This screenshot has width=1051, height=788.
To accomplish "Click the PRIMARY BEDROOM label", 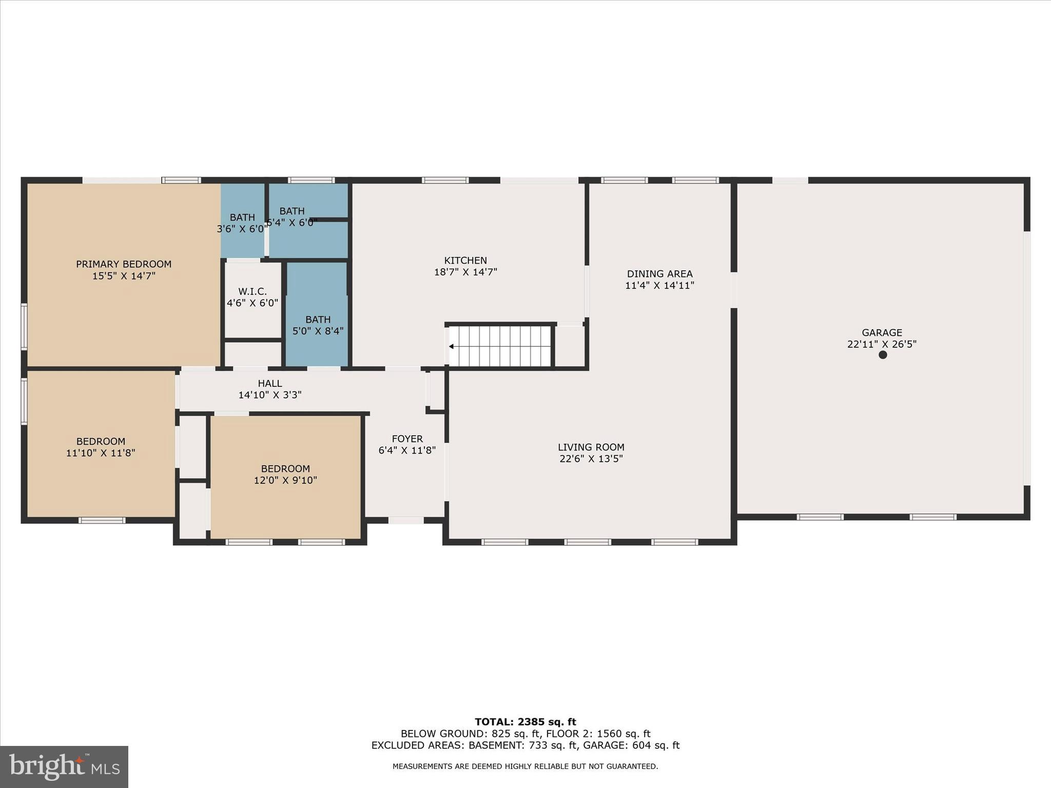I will [124, 264].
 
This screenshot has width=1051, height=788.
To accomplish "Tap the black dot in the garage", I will [883, 354].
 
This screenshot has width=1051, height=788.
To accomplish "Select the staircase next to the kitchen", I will [500, 346].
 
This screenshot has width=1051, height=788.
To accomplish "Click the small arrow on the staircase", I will [451, 347].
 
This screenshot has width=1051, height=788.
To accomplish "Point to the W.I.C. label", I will [252, 291].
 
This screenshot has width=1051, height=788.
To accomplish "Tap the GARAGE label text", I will [882, 332].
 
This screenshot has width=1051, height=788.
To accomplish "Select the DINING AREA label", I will [659, 274].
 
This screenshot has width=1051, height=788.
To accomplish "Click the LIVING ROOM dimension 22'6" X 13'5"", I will [591, 459].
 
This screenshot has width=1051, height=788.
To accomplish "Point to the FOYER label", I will [407, 439].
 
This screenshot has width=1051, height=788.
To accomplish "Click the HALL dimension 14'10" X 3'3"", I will [270, 395].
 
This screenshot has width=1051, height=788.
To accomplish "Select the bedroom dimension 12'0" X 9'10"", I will [285, 481].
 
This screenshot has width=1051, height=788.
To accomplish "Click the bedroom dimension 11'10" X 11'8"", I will [101, 453].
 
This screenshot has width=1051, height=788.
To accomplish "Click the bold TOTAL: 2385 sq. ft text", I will [525, 722].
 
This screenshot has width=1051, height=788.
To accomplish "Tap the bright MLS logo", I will [64, 766].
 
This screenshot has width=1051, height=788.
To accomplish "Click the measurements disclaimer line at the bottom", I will [525, 766].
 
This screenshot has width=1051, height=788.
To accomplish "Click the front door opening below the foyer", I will [406, 520].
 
